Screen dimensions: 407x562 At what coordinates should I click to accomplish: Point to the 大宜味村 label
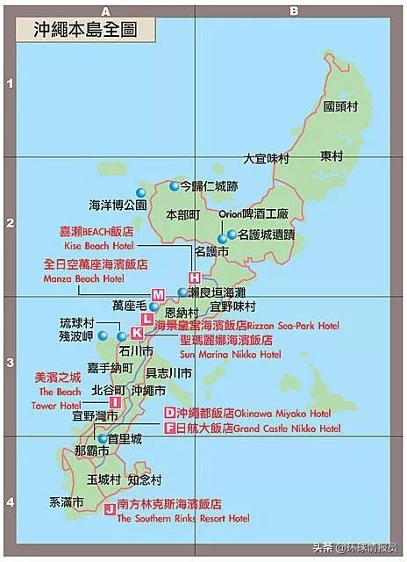[266, 159]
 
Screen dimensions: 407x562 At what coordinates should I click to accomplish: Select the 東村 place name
[331, 156]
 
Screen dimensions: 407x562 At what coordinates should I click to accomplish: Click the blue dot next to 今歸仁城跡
[175, 186]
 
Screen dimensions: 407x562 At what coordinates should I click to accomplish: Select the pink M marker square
[158, 294]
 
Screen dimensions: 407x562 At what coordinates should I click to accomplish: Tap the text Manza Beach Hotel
[83, 278]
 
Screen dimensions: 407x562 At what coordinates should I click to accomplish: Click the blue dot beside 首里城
[103, 438]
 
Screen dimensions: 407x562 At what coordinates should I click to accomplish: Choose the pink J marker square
[109, 508]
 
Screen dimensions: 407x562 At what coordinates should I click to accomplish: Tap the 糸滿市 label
[65, 503]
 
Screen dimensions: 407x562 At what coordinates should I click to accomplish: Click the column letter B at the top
[295, 11]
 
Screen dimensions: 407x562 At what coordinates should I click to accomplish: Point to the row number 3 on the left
[9, 362]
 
